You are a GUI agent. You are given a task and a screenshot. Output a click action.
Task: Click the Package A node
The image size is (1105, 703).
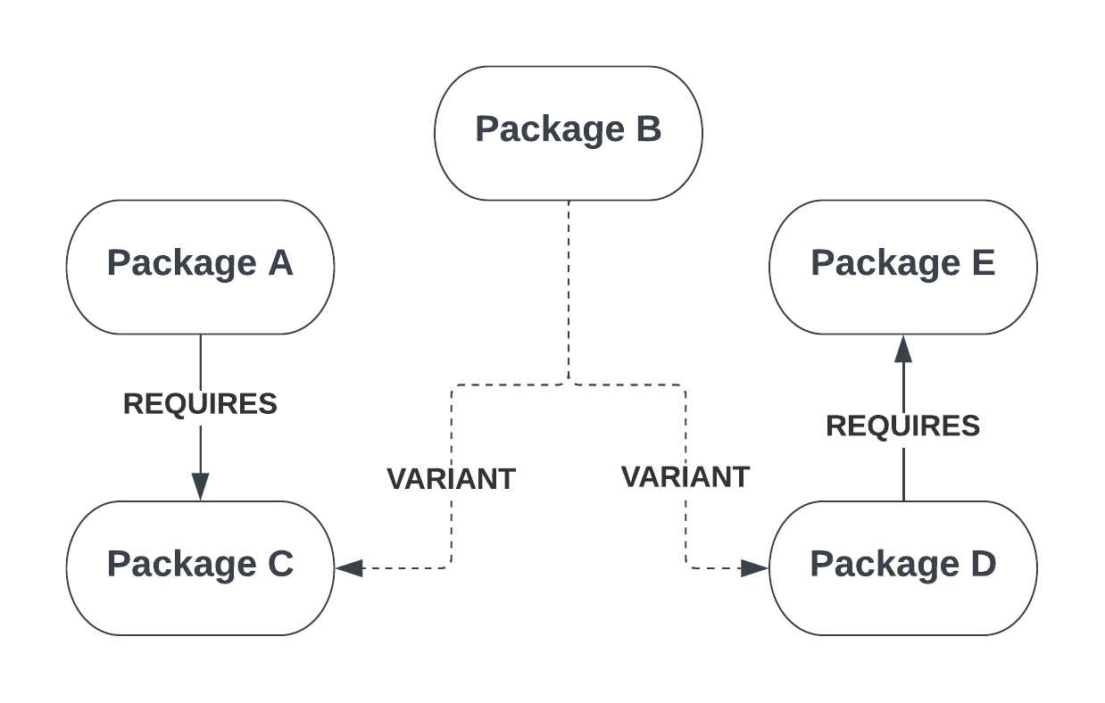[200, 267]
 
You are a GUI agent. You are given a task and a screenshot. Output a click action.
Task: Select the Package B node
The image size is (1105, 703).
[568, 133]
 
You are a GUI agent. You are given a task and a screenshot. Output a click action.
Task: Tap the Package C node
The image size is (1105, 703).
[200, 567]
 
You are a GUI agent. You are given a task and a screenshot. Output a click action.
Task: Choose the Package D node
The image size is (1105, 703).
[902, 567]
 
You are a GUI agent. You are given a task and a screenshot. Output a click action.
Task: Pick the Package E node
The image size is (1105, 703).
[902, 267]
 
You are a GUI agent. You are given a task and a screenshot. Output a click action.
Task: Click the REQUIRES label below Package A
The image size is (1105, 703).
[200, 403]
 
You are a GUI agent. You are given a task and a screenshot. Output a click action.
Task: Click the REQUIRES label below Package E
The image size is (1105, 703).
[902, 426]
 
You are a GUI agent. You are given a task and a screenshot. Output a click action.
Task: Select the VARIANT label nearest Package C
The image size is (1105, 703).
[451, 478]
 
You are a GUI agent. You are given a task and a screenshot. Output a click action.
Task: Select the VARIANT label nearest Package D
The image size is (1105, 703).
[685, 476]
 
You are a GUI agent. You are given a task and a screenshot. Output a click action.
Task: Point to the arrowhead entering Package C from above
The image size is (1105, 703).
[200, 486]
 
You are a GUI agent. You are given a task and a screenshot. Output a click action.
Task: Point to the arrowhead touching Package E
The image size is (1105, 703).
[903, 349]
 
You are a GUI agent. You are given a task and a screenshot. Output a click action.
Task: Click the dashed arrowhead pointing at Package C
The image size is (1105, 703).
[350, 567]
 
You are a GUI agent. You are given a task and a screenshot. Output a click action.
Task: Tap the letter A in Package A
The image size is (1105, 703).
[280, 263]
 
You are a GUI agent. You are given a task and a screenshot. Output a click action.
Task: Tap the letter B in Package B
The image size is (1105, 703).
[648, 128]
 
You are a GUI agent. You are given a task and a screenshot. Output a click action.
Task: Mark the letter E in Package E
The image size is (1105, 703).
[983, 263]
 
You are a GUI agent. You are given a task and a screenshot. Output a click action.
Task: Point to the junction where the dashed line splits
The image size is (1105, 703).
[569, 384]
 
